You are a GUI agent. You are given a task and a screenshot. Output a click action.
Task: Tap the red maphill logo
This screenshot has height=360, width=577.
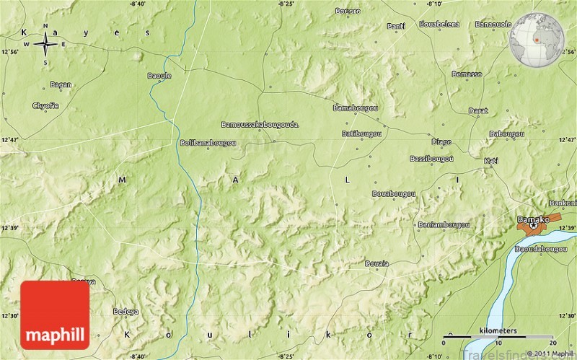(x=55, y=315)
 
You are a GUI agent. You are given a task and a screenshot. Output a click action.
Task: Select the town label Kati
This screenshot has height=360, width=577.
(x=491, y=159)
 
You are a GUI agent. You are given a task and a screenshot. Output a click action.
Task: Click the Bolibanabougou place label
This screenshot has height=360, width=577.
(x=208, y=143)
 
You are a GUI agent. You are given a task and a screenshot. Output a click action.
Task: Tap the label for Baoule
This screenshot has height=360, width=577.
(x=159, y=75)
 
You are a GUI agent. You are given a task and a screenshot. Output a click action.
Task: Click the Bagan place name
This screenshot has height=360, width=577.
(x=61, y=84)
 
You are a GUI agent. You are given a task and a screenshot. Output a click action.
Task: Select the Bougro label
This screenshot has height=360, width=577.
(x=348, y=11)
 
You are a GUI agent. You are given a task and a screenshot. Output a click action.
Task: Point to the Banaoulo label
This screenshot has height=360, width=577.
(x=493, y=24)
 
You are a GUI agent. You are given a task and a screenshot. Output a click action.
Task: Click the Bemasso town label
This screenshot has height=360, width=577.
(x=467, y=74)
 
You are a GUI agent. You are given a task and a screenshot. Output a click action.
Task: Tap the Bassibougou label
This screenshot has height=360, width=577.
(x=431, y=158)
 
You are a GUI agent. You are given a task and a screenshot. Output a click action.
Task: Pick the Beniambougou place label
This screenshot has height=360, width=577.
(x=444, y=224)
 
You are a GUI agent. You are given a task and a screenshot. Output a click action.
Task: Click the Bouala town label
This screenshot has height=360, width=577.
(x=377, y=263)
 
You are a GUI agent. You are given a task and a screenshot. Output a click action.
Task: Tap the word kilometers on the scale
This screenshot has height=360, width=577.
(x=498, y=330)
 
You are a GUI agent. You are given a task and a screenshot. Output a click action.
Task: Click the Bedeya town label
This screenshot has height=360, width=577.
(x=125, y=311)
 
